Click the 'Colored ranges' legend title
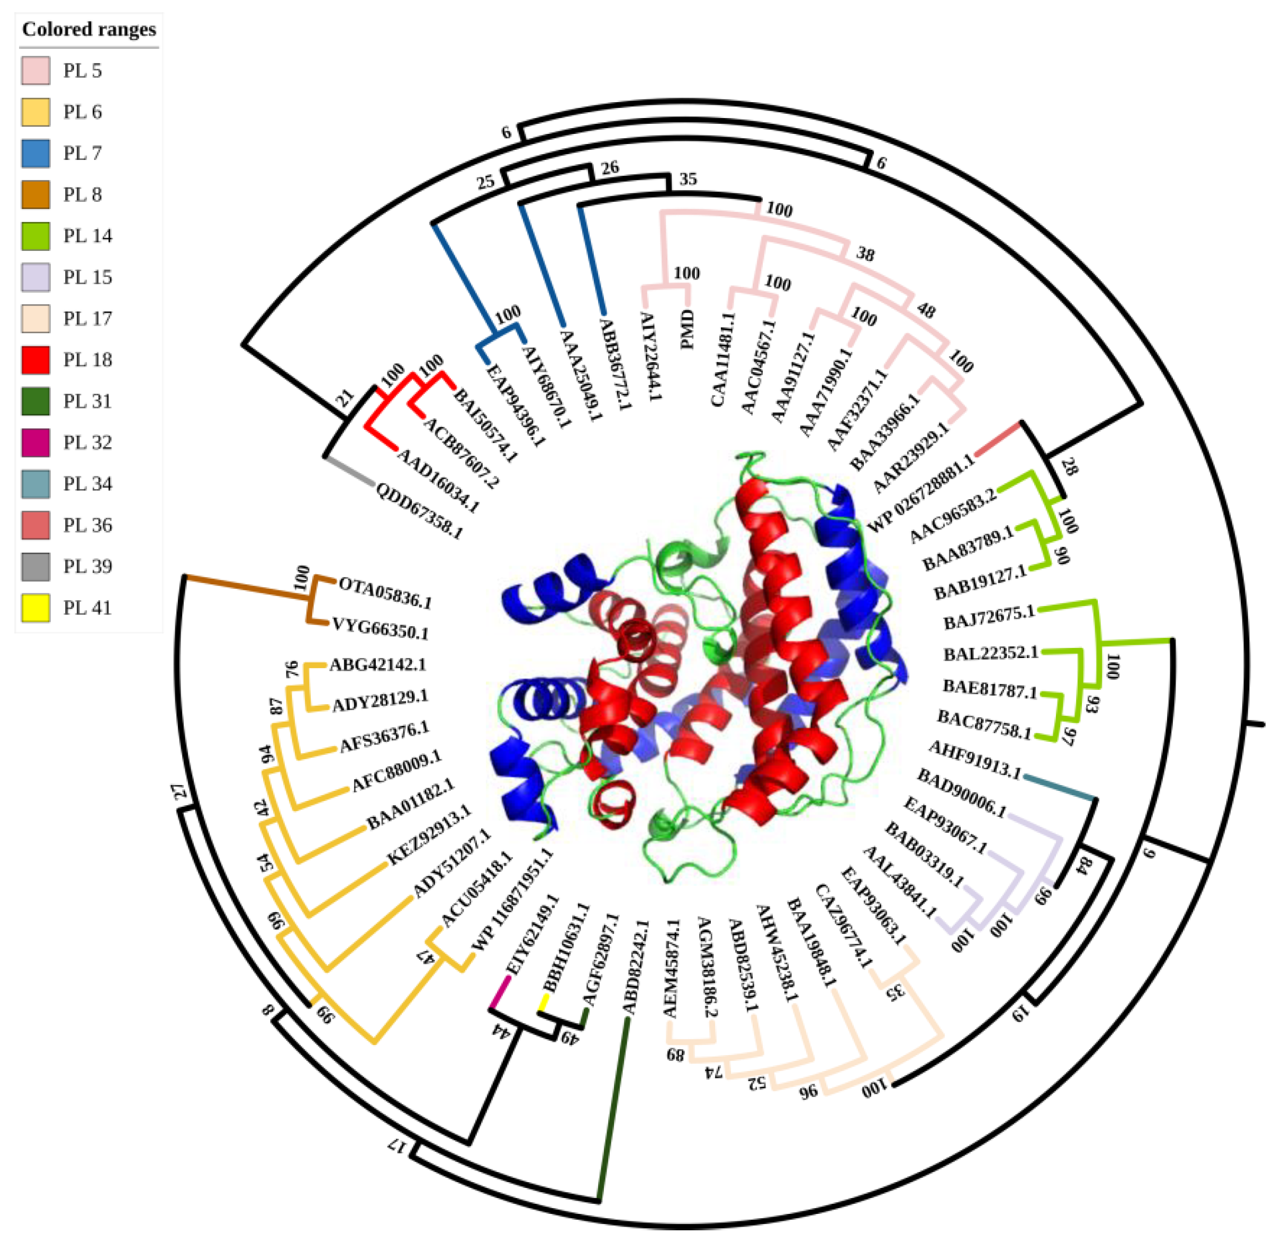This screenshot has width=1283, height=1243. (x=89, y=30)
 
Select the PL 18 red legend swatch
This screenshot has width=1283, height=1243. (x=35, y=360)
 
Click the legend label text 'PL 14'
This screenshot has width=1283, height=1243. (x=88, y=236)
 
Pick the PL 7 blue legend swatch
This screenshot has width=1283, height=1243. (x=35, y=153)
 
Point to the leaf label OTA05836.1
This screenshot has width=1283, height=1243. (x=385, y=592)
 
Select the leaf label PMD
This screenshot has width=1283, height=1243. (x=688, y=329)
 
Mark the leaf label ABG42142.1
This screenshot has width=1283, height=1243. (x=378, y=665)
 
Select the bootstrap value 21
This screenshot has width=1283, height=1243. (x=345, y=398)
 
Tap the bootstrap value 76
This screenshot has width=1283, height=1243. (x=292, y=668)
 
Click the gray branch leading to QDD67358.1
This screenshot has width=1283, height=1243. (x=350, y=471)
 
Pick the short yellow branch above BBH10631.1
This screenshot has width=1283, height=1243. (x=543, y=1002)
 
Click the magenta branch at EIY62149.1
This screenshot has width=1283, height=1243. (x=500, y=992)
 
